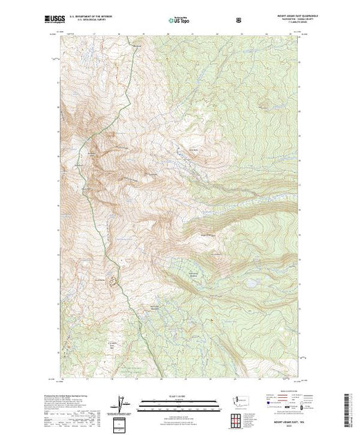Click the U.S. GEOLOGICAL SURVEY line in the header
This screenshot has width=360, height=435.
coord(96,21)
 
